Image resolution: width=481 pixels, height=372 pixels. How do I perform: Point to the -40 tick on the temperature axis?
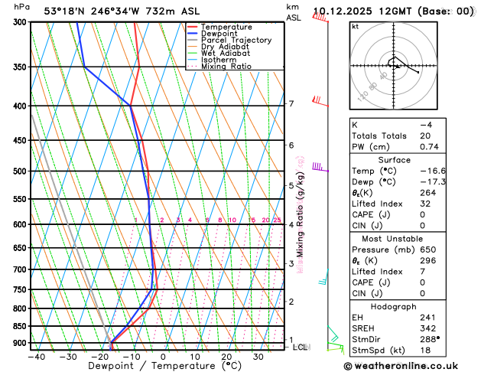[36, 357]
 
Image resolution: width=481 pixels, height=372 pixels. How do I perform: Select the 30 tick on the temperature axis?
[258, 357]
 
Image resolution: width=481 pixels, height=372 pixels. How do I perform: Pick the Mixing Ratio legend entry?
[226, 67]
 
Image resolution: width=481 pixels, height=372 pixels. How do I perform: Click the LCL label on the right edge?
[301, 347]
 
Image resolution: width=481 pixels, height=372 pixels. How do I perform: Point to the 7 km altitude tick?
[291, 103]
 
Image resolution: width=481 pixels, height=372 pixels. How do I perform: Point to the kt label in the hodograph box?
[355, 26]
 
